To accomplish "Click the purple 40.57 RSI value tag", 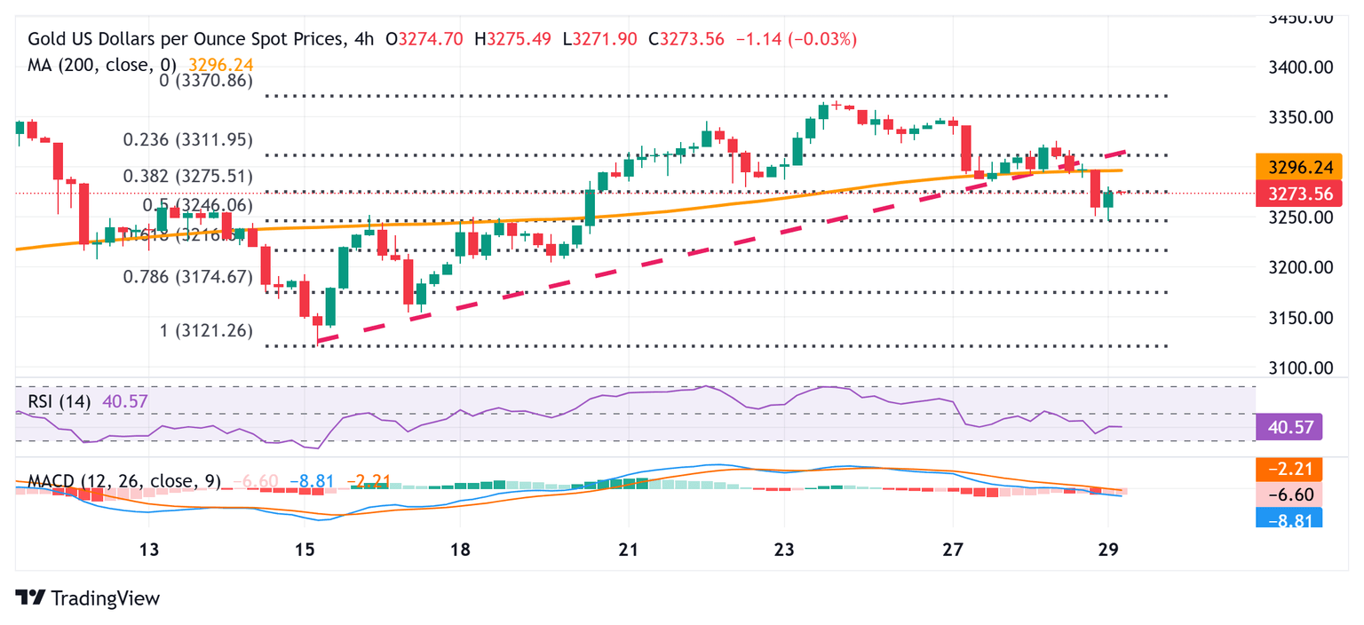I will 1289,427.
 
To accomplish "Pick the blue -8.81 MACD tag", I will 1289,518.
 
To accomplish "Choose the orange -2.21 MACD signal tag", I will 1289,469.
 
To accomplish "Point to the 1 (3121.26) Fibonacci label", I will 206,330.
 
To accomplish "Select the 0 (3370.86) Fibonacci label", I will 206,80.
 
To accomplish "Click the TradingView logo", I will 88,598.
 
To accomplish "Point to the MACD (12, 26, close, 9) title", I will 124,482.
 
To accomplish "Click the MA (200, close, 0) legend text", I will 103,65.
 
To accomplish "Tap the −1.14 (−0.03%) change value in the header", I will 797,39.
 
